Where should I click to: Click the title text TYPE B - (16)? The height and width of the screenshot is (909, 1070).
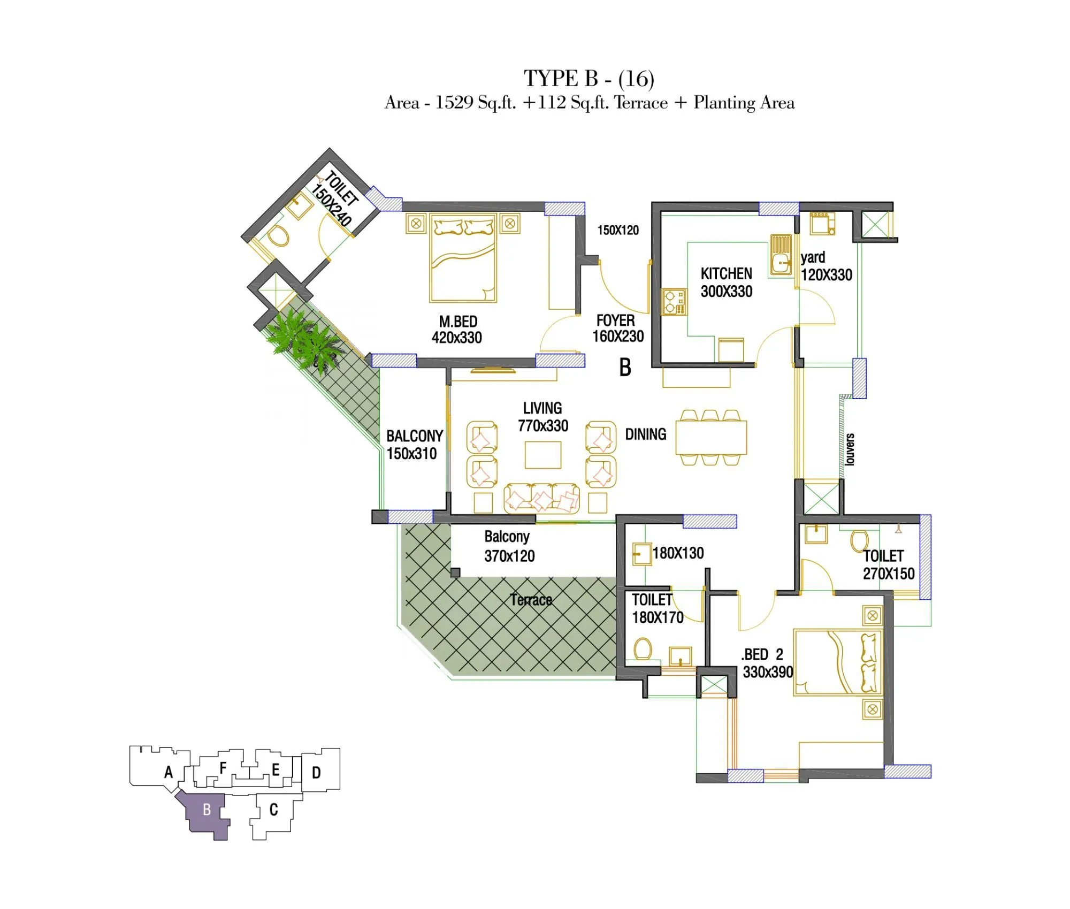point(588,79)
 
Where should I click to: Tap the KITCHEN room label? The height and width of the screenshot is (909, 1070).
point(726,274)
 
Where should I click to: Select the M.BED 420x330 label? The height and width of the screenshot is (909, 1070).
point(457,329)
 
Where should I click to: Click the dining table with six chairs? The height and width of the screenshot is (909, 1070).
point(710,438)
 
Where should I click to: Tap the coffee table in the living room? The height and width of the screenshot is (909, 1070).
point(542,455)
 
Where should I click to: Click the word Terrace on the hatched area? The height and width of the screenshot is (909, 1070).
point(531,600)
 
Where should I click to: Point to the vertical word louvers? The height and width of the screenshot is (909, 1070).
point(850,449)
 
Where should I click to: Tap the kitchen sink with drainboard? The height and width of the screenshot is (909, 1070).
point(781,255)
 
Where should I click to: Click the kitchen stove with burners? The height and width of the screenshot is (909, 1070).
point(674,302)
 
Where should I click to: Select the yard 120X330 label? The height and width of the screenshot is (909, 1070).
point(826,266)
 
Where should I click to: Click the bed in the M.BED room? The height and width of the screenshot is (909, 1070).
point(463,258)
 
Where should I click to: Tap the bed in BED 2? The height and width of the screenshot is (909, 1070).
point(838,662)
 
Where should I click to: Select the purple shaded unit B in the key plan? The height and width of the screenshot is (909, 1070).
point(207,810)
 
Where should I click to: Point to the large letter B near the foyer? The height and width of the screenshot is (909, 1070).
point(625,368)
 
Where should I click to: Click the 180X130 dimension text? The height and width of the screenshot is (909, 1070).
point(678,553)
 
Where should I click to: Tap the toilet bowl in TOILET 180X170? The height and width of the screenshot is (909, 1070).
point(643,649)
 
